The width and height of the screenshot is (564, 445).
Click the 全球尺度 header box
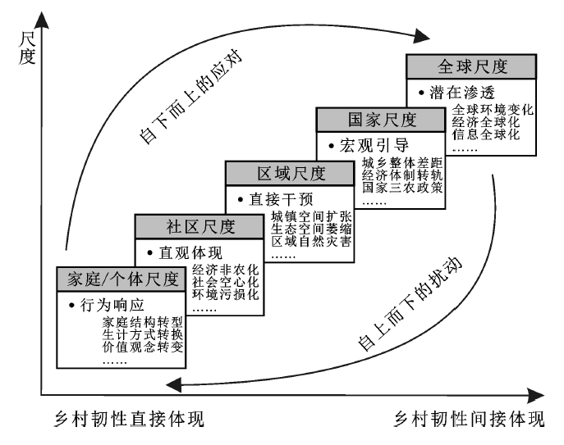click(471, 67)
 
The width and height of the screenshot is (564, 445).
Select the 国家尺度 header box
click(381, 120)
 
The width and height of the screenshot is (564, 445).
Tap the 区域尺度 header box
click(290, 174)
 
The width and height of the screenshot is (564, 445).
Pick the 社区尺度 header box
click(199, 227)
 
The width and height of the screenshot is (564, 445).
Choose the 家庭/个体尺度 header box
click(122, 279)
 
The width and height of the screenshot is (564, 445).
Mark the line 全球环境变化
click(493, 109)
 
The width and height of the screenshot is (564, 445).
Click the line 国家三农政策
click(402, 187)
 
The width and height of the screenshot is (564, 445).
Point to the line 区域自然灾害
click(311, 241)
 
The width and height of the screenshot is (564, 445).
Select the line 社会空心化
click(226, 282)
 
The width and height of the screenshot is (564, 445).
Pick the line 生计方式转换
click(143, 334)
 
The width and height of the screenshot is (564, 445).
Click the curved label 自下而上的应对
click(190, 97)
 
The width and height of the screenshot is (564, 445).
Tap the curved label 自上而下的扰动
click(410, 303)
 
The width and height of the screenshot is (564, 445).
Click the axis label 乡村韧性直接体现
click(130, 419)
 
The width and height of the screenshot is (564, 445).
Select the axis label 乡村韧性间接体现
click(470, 419)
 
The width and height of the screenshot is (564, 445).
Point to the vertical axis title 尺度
click(27, 48)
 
